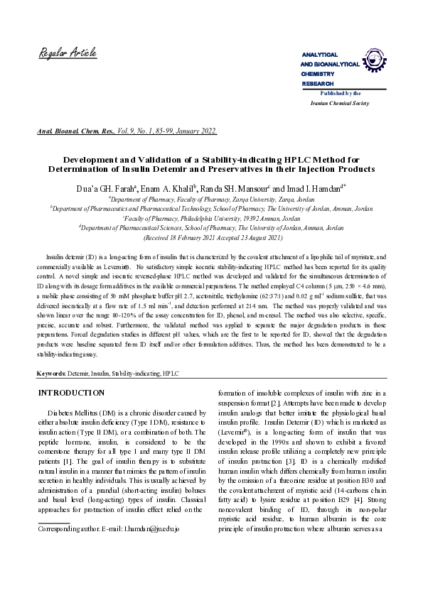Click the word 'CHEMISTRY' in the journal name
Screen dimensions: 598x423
point(317,74)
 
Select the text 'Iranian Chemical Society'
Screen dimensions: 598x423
point(341,103)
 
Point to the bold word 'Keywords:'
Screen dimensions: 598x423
point(52,373)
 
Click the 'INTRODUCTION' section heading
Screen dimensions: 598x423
point(71,393)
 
